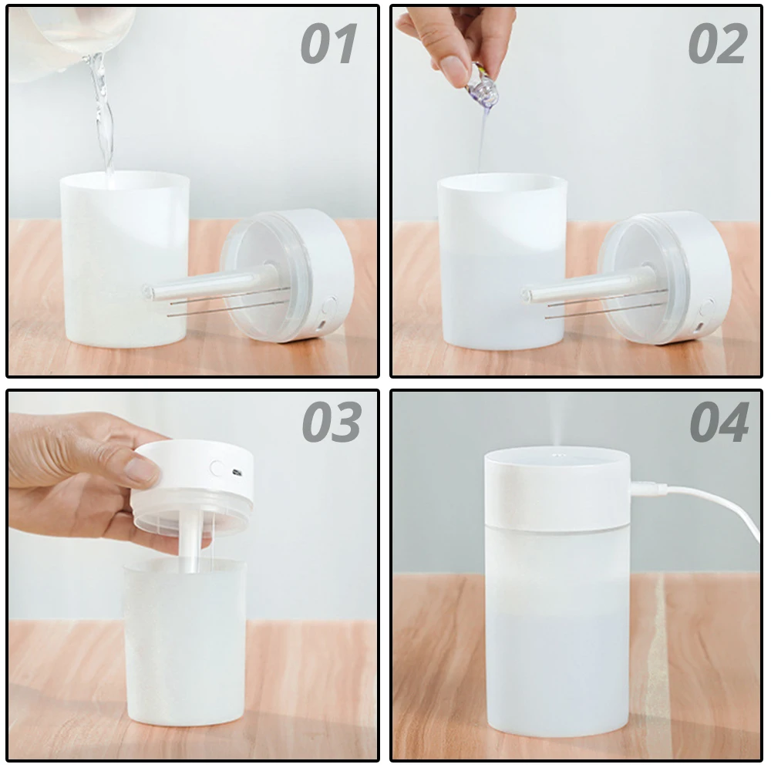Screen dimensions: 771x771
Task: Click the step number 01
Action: (x=329, y=44)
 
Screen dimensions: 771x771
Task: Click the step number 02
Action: (x=717, y=44)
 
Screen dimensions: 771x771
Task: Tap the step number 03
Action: (x=331, y=422)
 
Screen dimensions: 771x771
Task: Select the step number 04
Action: (x=719, y=422)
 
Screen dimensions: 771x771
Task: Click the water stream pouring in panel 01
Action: (x=102, y=116)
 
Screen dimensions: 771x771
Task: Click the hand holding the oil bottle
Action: (x=455, y=35)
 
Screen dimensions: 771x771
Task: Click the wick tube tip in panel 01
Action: (x=149, y=292)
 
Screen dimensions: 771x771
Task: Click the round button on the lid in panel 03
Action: (x=218, y=468)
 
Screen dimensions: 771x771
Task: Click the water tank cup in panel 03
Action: (x=185, y=648)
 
